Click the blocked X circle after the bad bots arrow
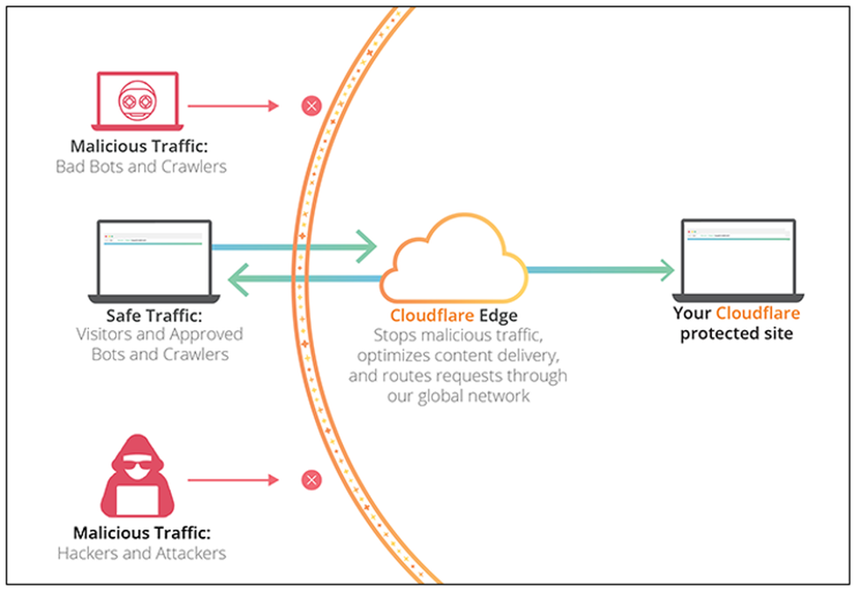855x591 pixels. (311, 107)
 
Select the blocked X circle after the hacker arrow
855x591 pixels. (311, 479)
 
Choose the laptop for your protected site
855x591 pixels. (737, 257)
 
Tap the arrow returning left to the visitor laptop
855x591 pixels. (305, 280)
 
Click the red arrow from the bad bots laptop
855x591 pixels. (232, 107)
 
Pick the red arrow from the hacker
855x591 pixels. (232, 479)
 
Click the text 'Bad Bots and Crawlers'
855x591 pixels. (140, 166)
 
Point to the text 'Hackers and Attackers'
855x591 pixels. (141, 553)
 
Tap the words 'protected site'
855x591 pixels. (736, 333)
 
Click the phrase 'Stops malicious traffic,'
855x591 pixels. (457, 335)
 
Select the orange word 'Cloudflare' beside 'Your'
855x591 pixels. (757, 313)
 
